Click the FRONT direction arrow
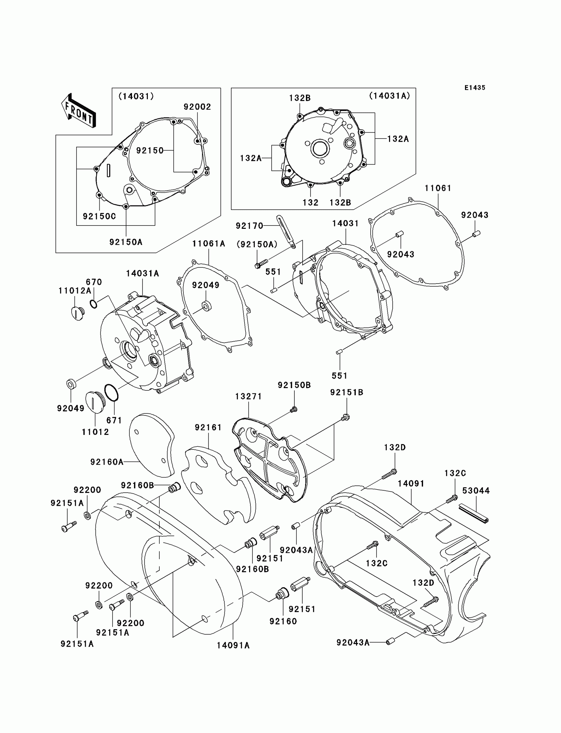[79, 111]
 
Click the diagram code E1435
[475, 88]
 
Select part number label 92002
[197, 107]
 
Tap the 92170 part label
[249, 226]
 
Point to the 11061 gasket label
[438, 188]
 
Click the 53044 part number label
[476, 491]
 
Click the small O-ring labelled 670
[94, 304]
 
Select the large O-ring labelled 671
[112, 393]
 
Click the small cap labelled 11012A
[78, 313]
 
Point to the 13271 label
[248, 396]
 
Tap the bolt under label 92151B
[346, 417]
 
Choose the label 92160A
[107, 462]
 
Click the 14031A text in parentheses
[389, 96]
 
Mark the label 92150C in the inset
[99, 217]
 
